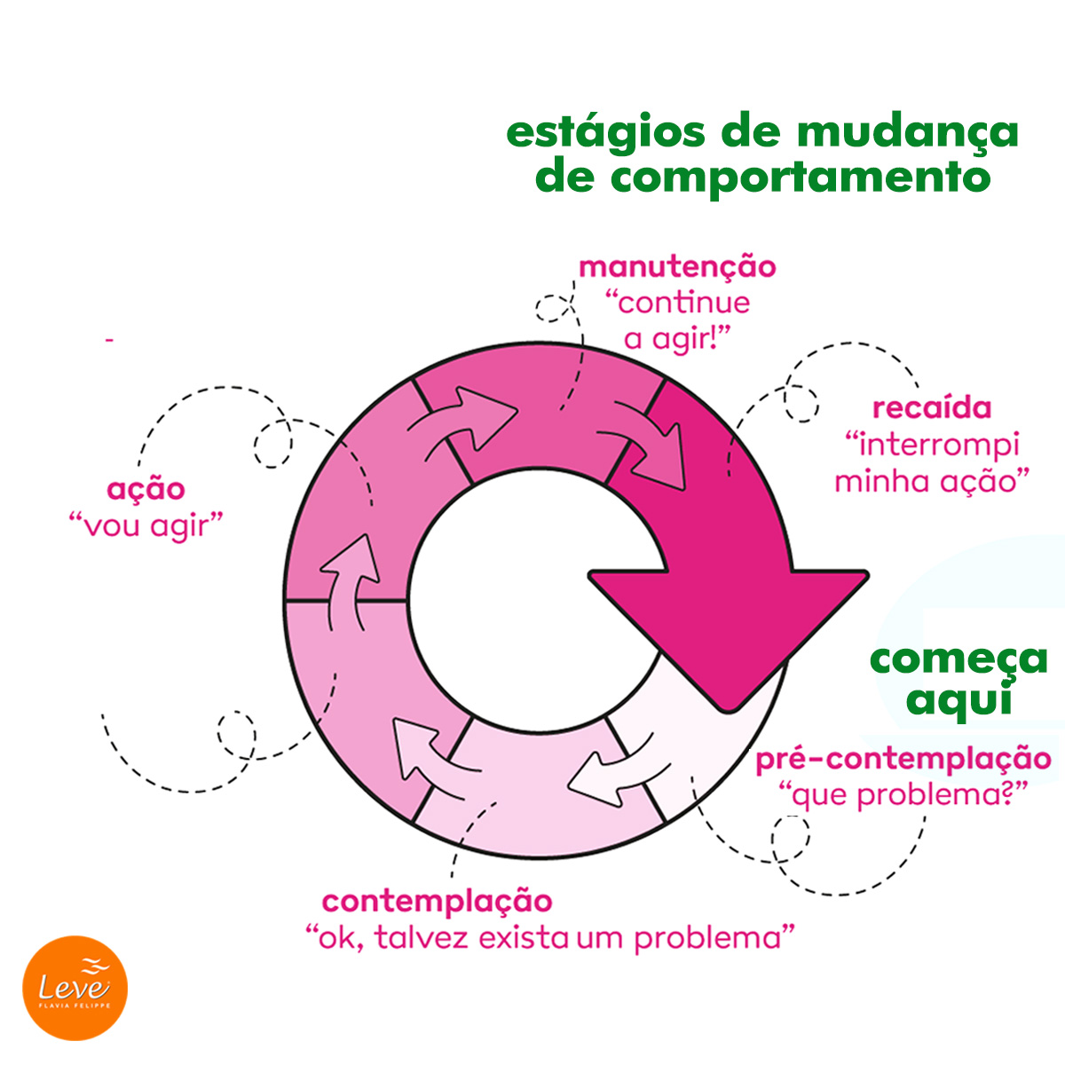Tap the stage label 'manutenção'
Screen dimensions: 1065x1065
pyautogui.click(x=677, y=267)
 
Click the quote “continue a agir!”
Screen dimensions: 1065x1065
pyautogui.click(x=677, y=320)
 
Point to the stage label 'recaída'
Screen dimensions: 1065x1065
pyautogui.click(x=931, y=409)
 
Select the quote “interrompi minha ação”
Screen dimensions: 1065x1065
pyautogui.click(x=931, y=462)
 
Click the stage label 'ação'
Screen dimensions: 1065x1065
pyautogui.click(x=146, y=489)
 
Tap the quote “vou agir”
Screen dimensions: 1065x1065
pyautogui.click(x=146, y=525)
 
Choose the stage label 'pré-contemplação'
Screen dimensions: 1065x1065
pyautogui.click(x=903, y=760)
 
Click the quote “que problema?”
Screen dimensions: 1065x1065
pyautogui.click(x=903, y=795)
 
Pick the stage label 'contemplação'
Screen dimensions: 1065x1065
pyautogui.click(x=437, y=902)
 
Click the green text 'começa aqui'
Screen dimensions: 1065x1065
pyautogui.click(x=958, y=679)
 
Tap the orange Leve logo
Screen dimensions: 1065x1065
pyautogui.click(x=75, y=988)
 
